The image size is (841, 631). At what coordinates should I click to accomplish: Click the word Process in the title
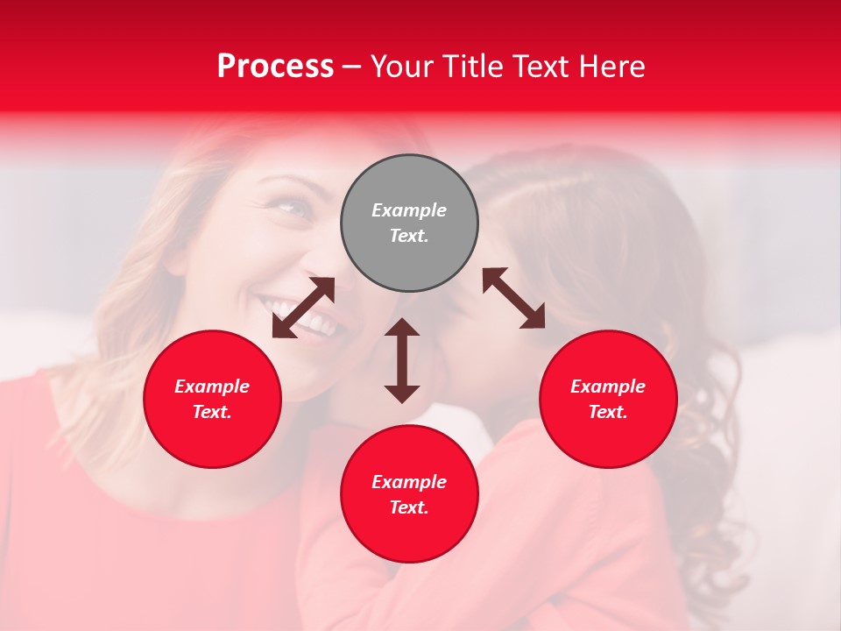275,67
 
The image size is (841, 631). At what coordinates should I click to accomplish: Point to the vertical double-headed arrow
402,360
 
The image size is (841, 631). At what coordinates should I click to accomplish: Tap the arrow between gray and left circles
303,308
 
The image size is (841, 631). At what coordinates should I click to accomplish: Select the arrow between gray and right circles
513,298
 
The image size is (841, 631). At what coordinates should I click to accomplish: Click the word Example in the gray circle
409,210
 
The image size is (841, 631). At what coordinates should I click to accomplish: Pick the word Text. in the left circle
212,412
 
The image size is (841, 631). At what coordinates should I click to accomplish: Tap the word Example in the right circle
608,386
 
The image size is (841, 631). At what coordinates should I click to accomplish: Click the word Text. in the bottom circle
409,507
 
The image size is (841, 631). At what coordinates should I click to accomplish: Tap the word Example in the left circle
212,386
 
